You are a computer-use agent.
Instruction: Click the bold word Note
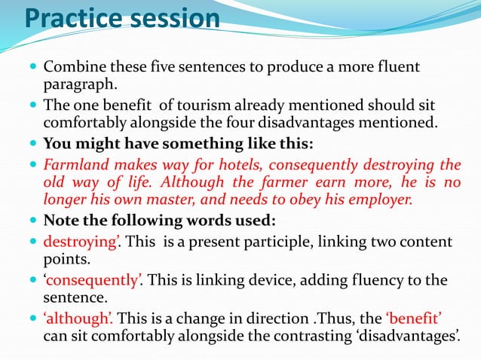coord(62,221)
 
